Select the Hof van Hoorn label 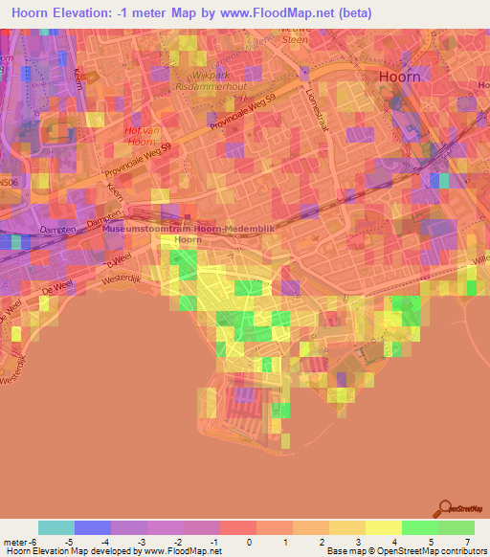tap(141, 135)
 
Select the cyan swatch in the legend tap(56, 527)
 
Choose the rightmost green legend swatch tap(457, 527)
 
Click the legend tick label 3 tap(357, 541)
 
